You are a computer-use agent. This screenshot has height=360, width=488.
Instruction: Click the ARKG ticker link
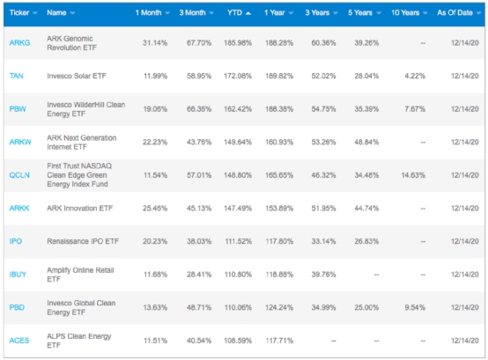[19, 43]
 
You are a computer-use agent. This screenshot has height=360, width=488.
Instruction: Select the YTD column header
[234, 12]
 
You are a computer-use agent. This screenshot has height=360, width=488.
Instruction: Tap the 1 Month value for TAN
[155, 76]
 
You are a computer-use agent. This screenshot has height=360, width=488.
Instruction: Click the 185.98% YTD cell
[238, 43]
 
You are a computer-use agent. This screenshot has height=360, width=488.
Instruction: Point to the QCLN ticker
[19, 175]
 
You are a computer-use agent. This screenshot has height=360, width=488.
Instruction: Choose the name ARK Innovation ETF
[79, 209]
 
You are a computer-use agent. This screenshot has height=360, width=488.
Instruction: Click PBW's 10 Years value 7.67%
[415, 109]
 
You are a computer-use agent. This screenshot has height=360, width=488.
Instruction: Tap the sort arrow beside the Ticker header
[35, 13]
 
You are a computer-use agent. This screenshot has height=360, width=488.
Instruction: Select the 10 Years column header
[405, 12]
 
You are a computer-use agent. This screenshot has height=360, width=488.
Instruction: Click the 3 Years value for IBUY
[323, 275]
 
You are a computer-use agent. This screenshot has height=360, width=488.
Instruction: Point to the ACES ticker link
[19, 341]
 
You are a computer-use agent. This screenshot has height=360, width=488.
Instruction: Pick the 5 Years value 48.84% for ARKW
[366, 142]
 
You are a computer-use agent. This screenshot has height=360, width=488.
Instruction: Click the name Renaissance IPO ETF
[83, 241]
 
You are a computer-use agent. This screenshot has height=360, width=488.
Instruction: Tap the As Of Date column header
[455, 12]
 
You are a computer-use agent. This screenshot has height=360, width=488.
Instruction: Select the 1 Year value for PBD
[279, 307]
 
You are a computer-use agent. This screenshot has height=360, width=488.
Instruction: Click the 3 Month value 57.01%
[199, 175]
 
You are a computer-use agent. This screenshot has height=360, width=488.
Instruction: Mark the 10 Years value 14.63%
[413, 175]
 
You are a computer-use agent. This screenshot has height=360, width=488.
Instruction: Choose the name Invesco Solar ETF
[77, 76]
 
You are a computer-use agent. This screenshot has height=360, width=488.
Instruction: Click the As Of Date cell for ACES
[465, 341]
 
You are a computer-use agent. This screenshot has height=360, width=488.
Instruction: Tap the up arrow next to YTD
[248, 13]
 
